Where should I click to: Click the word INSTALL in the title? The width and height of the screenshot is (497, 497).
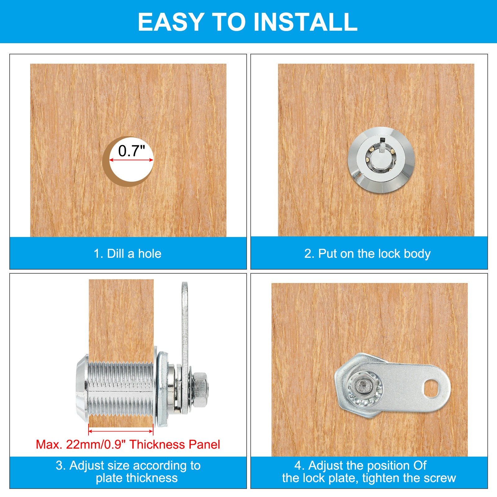pyautogui.click(x=306, y=22)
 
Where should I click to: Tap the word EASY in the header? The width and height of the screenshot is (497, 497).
pyautogui.click(x=171, y=22)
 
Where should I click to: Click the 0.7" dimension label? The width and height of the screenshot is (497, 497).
pyautogui.click(x=132, y=151)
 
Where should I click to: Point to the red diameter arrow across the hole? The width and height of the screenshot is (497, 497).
pyautogui.click(x=131, y=160)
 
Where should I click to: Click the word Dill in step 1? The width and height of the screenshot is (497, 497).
pyautogui.click(x=116, y=253)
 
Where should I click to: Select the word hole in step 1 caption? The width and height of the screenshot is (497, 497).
pyautogui.click(x=150, y=253)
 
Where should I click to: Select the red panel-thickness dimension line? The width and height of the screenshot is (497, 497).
pyautogui.click(x=121, y=431)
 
